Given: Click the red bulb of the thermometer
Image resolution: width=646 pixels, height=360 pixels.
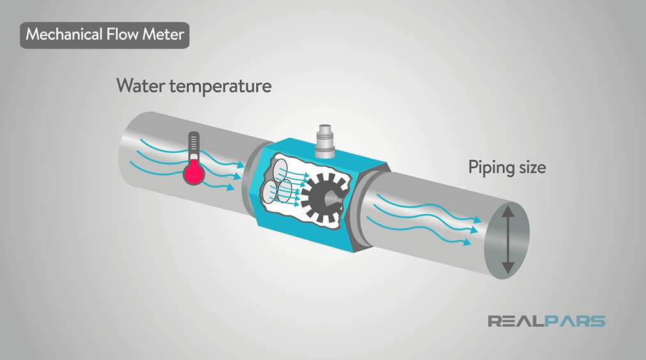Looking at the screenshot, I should [x=194, y=173].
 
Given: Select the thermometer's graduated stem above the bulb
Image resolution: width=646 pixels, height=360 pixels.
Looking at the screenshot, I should [x=194, y=145].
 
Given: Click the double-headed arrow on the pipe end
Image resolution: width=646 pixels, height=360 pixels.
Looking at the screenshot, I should [x=507, y=240].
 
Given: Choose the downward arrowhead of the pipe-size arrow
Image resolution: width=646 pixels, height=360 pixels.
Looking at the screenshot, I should [x=507, y=268].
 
